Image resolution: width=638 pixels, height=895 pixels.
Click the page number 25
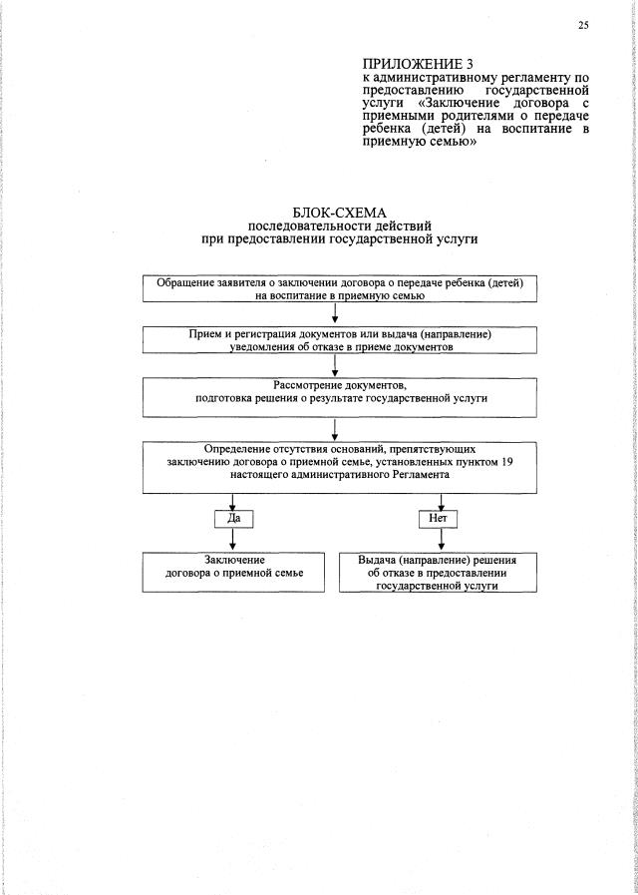click(582, 26)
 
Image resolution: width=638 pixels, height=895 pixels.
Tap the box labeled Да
click(233, 519)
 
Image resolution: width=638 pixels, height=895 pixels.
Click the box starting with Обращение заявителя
click(340, 289)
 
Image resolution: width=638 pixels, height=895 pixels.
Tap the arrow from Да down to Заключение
click(233, 540)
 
